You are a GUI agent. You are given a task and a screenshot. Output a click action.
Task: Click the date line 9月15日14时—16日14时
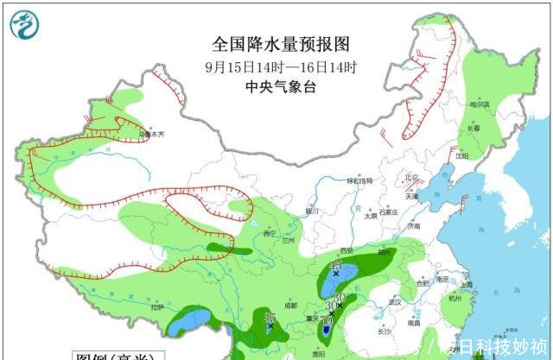282,66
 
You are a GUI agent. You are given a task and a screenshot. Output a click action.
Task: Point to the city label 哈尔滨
480,104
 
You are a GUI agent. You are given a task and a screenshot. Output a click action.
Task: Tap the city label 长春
474,128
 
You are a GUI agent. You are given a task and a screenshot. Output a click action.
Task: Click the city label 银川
312,210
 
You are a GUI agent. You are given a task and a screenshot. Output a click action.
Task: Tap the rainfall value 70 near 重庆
327,319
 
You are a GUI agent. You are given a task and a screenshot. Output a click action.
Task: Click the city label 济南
416,224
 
